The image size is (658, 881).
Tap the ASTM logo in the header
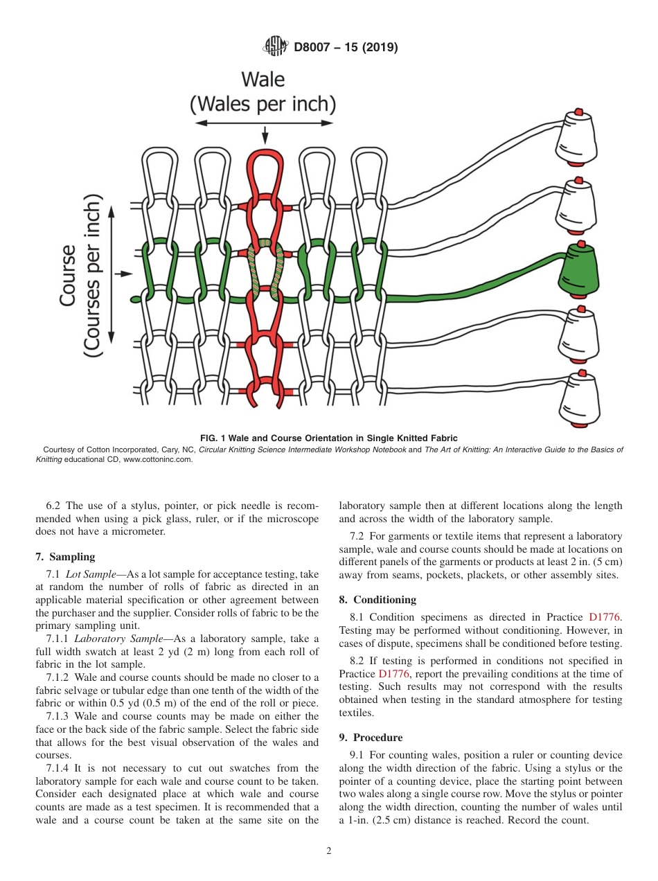coord(275,47)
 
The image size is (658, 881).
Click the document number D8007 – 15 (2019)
coord(346,48)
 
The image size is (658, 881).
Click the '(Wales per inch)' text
coord(263,105)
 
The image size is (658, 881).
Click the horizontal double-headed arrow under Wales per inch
coord(264,123)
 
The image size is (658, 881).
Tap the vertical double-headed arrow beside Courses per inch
coord(112,274)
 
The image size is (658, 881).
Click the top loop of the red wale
coord(265,166)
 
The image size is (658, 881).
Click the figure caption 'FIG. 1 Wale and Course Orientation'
coord(329,438)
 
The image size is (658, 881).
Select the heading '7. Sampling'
coord(65,557)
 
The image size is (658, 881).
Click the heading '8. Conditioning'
coord(377,600)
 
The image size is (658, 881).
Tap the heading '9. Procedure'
coord(371,738)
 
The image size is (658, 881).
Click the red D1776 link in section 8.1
coord(604,616)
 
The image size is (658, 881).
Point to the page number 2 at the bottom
coord(329,851)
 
